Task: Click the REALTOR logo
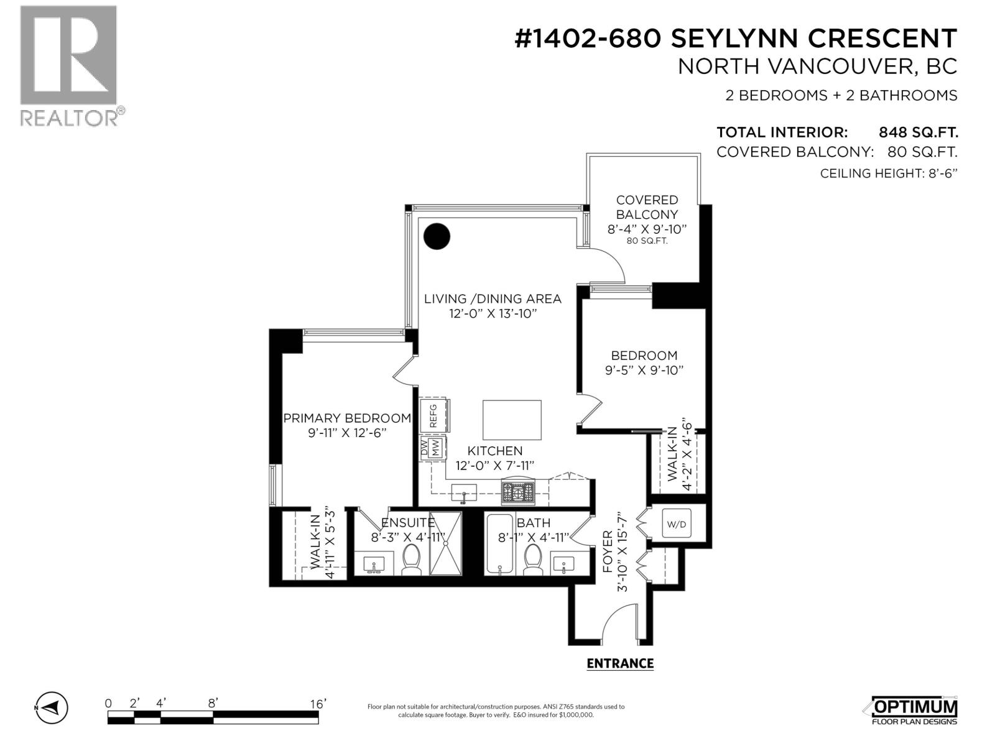point(68,65)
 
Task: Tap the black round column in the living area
point(437,236)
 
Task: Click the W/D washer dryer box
point(676,524)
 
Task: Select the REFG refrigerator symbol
point(433,415)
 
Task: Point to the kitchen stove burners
point(518,493)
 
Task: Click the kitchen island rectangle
point(512,420)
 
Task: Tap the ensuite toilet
point(412,559)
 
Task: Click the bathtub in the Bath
point(499,545)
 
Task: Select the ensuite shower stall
point(446,543)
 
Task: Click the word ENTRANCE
point(620,663)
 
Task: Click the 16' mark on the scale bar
point(318,704)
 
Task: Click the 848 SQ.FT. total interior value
point(918,132)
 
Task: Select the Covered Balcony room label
point(647,207)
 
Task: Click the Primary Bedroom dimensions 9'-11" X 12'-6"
point(348,433)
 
